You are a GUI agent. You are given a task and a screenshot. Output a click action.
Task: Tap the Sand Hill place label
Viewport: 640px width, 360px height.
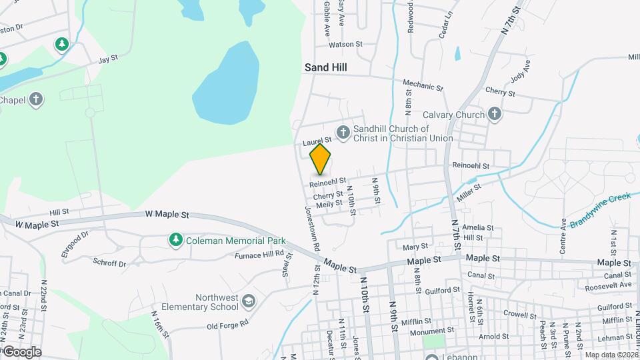coord(326,67)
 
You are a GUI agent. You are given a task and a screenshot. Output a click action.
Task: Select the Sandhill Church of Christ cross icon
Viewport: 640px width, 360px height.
coord(343,131)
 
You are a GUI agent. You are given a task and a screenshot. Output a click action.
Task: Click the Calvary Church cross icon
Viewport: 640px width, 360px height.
coord(494,115)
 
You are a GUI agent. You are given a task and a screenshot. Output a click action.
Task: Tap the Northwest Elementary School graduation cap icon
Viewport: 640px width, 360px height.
coord(249,302)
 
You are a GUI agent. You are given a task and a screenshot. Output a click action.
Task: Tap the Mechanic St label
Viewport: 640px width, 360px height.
coord(423,85)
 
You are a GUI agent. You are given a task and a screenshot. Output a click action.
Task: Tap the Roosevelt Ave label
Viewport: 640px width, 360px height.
coord(607,285)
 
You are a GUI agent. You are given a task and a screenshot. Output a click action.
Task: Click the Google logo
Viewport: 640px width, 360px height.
coord(22,352)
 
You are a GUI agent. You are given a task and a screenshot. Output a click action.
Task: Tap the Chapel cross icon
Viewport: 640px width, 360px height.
coord(36,100)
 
